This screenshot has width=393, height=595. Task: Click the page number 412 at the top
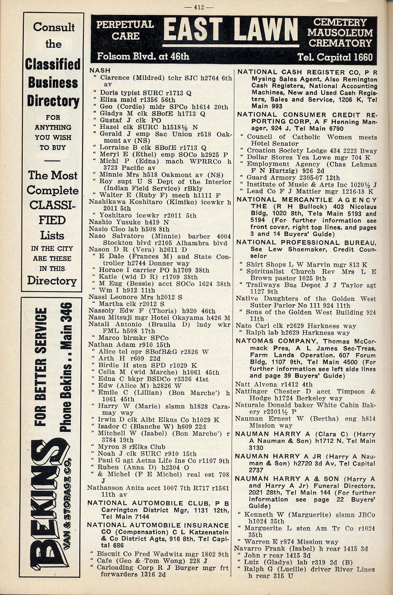coord(199,6)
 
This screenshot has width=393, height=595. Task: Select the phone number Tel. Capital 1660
coord(335,57)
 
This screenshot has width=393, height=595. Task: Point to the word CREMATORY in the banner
coord(340,43)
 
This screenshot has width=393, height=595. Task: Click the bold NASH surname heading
coord(100,71)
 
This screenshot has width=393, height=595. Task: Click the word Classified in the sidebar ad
coord(52,64)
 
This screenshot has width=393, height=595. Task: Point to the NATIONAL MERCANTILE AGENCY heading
coord(306,200)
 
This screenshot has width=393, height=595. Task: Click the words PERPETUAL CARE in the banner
coord(125,30)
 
